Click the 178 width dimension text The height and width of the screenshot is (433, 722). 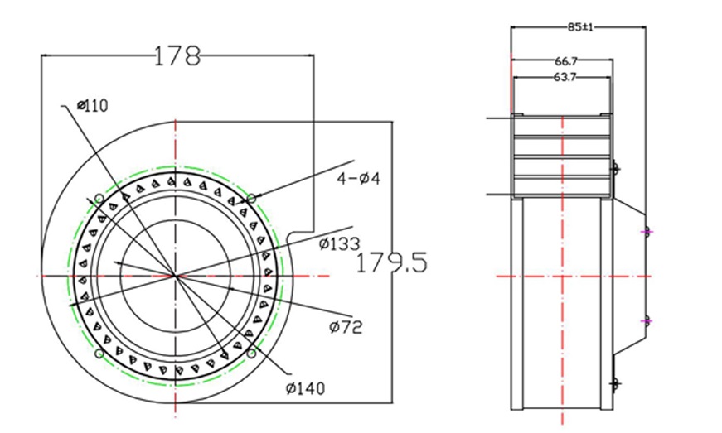pos(177,55)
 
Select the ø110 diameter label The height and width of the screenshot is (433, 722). pos(92,105)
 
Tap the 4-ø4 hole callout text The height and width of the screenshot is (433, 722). pos(358,178)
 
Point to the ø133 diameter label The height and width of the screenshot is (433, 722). pos(338,243)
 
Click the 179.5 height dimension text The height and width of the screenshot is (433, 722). pos(390,263)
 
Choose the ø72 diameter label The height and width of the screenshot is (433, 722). pos(345,327)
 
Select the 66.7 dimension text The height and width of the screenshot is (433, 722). pos(566,61)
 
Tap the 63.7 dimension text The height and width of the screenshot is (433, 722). pos(565,77)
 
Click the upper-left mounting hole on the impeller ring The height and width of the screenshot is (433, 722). pos(99,199)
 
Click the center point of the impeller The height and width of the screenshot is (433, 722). pos(176,276)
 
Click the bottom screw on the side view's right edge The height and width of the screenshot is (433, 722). pos(614,384)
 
